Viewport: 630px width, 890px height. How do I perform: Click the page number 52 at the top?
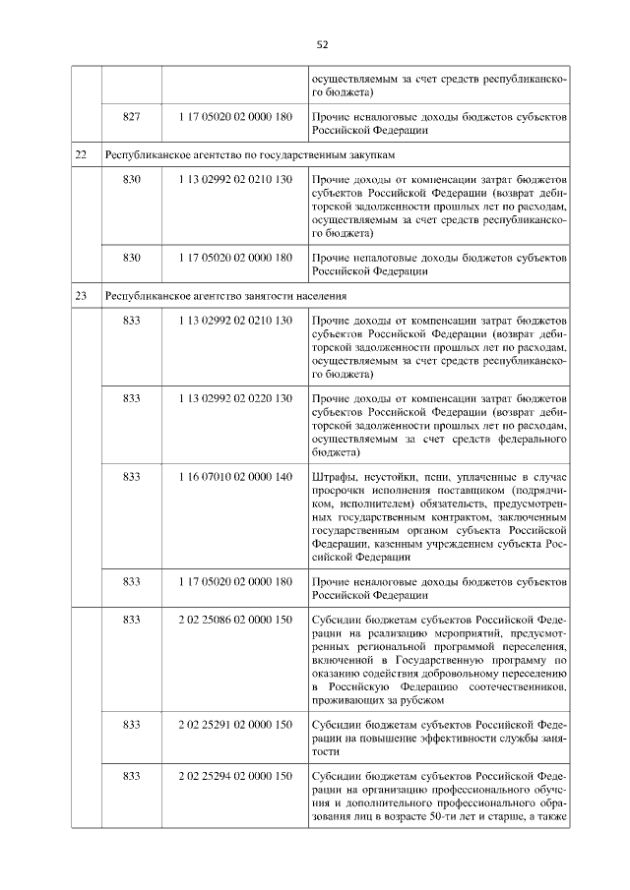(322, 44)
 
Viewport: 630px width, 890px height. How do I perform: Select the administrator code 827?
(131, 116)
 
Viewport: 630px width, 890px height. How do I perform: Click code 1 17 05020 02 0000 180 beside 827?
(235, 116)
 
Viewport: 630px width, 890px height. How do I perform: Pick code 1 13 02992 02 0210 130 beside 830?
(235, 181)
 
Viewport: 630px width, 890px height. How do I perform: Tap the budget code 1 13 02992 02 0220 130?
(235, 397)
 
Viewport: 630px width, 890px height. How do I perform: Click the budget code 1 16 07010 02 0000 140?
(235, 476)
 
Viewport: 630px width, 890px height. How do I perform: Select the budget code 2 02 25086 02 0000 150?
(235, 621)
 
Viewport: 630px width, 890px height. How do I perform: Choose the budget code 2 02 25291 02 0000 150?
(235, 725)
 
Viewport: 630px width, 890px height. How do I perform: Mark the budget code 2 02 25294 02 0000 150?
(235, 776)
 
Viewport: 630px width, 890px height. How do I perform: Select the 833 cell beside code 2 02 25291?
(131, 725)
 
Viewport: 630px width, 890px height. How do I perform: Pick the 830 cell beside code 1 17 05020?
(131, 257)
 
